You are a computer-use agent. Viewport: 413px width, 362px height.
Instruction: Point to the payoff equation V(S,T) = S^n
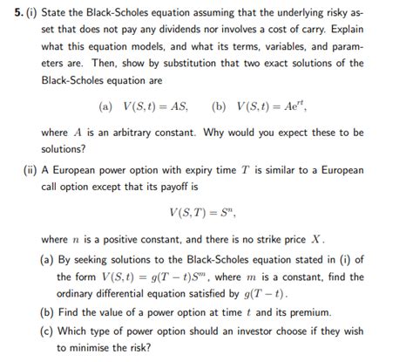click(206, 212)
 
